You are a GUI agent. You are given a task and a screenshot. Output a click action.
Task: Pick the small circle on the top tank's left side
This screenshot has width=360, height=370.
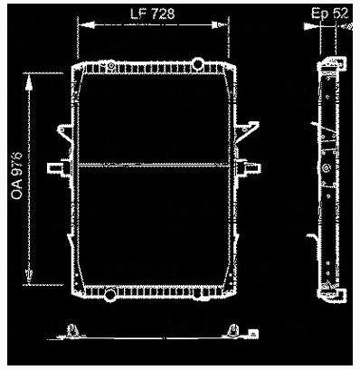(109, 66)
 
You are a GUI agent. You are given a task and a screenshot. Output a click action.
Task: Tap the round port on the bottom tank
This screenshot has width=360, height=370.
(109, 294)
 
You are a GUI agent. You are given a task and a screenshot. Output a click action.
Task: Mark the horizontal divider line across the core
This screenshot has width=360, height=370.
(154, 165)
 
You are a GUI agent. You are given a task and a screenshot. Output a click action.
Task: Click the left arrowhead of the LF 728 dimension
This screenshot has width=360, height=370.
(83, 25)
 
